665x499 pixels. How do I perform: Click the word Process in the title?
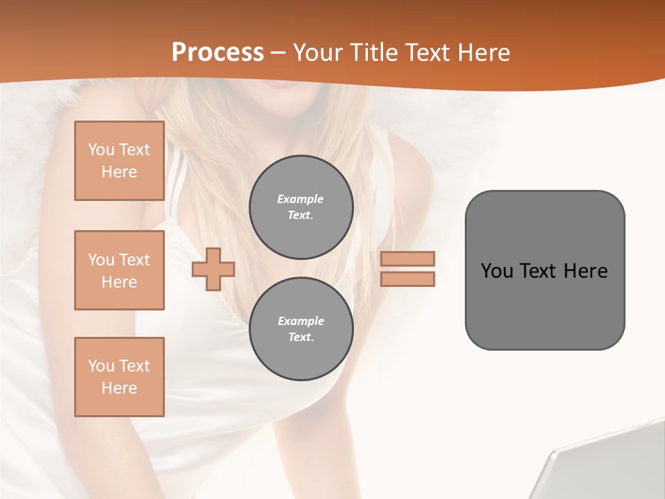click(218, 53)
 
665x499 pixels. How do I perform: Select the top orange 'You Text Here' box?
click(119, 161)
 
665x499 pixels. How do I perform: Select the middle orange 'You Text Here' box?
click(119, 270)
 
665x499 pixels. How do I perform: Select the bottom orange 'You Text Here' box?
click(119, 377)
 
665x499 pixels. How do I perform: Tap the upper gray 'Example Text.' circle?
click(301, 207)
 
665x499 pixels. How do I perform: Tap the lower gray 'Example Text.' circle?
click(301, 329)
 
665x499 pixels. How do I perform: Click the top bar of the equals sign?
click(407, 259)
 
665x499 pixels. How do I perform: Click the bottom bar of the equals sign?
click(407, 279)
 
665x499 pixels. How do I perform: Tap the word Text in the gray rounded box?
click(538, 271)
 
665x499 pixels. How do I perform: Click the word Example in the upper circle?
click(301, 199)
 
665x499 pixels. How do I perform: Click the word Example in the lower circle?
click(301, 321)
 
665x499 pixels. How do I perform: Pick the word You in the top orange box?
click(100, 150)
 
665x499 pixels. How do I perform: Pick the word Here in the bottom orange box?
click(119, 388)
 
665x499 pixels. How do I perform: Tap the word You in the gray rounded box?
click(497, 271)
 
